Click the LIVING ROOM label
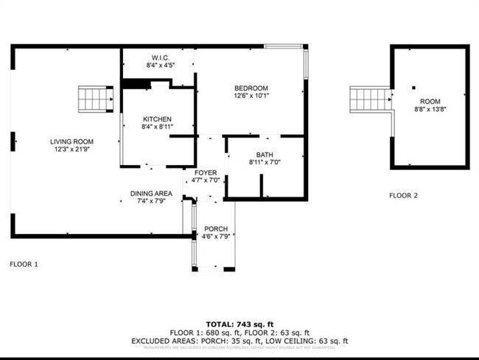[x=71, y=141]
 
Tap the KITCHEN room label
[x=157, y=119]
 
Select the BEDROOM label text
[x=251, y=88]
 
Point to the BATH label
[x=265, y=155]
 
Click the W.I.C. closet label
[x=161, y=58]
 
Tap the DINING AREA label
[x=151, y=193]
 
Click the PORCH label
[x=216, y=229]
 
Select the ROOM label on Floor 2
[x=430, y=101]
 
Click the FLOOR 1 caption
[x=24, y=263]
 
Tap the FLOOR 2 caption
[x=403, y=196]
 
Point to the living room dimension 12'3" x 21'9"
[x=71, y=149]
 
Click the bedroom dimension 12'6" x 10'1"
[x=251, y=96]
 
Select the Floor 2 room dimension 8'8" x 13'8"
[x=430, y=109]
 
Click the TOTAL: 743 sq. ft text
[x=239, y=325]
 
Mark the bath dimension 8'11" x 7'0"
[x=265, y=163]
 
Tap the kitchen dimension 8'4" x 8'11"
[x=157, y=127]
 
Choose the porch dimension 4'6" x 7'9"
[x=216, y=237]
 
